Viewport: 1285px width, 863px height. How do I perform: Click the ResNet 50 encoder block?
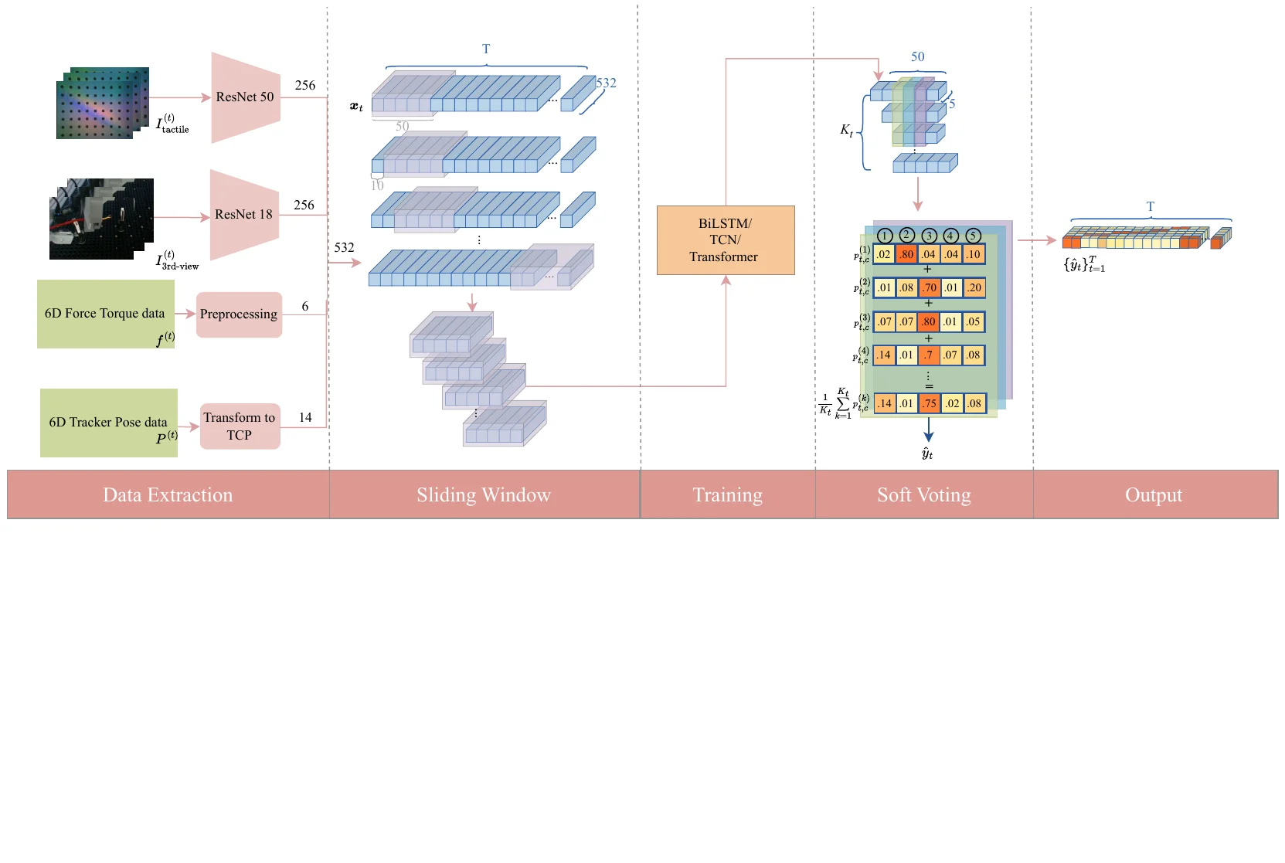[245, 97]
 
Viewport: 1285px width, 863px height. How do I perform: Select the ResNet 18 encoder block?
[243, 215]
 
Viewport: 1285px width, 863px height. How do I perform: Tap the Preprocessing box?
[239, 314]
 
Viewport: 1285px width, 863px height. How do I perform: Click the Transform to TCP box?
[240, 426]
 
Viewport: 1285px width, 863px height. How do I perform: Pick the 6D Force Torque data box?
[106, 314]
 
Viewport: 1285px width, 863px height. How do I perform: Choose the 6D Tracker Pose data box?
[108, 423]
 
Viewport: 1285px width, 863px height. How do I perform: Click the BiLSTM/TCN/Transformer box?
[725, 240]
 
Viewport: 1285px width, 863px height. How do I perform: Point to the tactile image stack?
[102, 104]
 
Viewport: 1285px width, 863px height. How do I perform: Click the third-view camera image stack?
[101, 219]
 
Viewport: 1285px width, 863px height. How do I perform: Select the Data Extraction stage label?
[168, 495]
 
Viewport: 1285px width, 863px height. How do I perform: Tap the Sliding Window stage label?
[484, 495]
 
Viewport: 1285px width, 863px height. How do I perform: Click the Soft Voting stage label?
[923, 495]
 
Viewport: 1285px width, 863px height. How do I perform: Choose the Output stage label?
[1154, 495]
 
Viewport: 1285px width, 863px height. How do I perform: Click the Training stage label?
[727, 495]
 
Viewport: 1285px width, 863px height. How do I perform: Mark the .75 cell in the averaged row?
[929, 403]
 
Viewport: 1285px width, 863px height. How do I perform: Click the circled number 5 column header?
[973, 236]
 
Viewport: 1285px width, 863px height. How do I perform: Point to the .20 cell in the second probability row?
[974, 288]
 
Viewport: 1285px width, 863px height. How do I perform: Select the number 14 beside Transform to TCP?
[305, 417]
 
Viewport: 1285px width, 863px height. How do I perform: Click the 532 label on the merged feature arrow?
[344, 247]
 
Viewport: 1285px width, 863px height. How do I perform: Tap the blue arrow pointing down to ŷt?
[928, 430]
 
